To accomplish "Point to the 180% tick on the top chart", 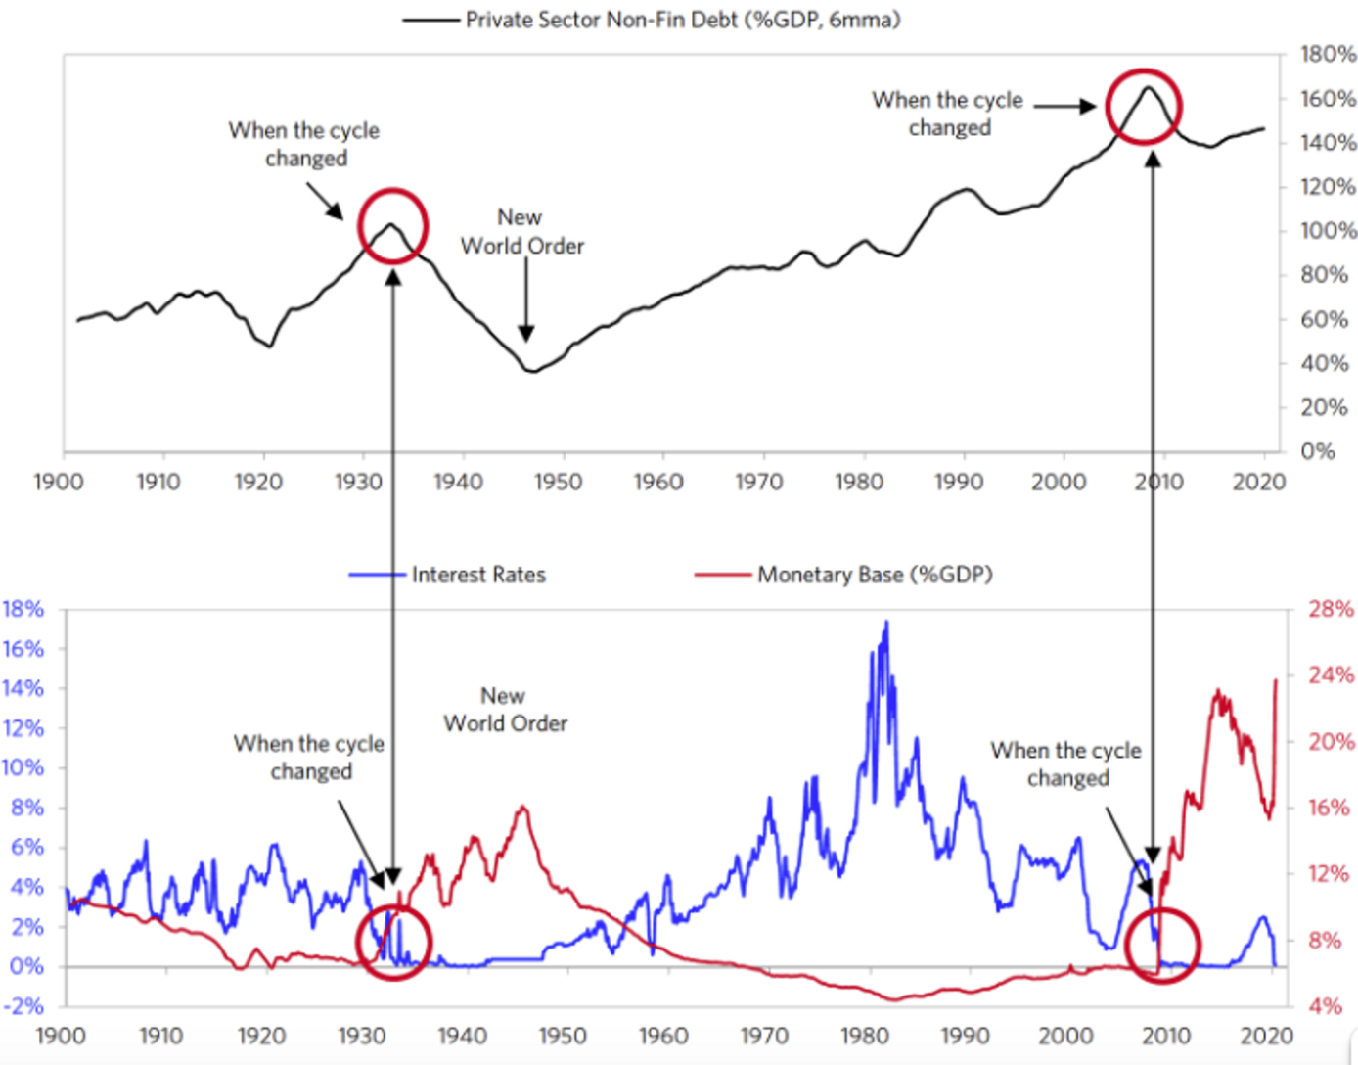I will [x=1328, y=55].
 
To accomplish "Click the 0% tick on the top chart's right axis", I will [x=1318, y=451].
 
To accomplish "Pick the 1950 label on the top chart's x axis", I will [x=558, y=482].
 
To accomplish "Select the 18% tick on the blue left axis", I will [x=23, y=609].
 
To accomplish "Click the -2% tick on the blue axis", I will [x=23, y=1006].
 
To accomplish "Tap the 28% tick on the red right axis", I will [x=1332, y=609].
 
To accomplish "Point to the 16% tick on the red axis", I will [x=1332, y=808].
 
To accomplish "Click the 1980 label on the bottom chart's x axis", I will [x=865, y=1036].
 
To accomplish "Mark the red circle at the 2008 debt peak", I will [x=1144, y=107].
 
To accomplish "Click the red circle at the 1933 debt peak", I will [x=392, y=226].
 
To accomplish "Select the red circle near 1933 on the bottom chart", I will [x=393, y=943].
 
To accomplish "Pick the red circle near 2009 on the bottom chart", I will [x=1162, y=945].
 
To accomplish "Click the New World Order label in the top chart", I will [x=521, y=232].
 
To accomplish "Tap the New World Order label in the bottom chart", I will [x=505, y=710].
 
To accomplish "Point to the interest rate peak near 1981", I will [x=886, y=622].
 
